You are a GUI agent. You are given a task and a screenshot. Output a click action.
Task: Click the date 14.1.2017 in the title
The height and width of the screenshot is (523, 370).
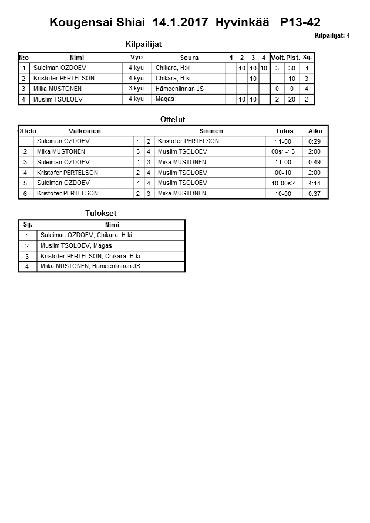pyautogui.click(x=180, y=23)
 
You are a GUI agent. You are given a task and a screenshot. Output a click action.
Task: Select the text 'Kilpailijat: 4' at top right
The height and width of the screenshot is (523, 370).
pyautogui.click(x=332, y=35)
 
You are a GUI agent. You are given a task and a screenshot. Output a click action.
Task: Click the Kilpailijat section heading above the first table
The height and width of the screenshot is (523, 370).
pyautogui.click(x=144, y=44)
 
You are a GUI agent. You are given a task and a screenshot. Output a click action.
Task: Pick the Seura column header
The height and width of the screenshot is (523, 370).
pyautogui.click(x=189, y=58)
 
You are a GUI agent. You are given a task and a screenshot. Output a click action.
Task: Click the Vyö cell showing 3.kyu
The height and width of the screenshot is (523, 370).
pyautogui.click(x=136, y=89)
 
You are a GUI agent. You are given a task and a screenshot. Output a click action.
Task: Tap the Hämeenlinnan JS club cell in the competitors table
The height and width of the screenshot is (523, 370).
pyautogui.click(x=180, y=89)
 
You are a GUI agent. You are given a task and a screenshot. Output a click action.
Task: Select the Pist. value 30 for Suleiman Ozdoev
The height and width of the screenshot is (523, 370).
pyautogui.click(x=291, y=68)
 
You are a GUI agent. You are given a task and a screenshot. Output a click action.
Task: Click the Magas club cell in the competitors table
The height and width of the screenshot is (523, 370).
pyautogui.click(x=165, y=99)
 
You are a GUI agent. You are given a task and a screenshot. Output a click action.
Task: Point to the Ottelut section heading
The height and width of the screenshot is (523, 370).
pyautogui.click(x=173, y=119)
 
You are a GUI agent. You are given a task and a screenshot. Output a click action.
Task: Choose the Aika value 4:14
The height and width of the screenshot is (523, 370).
pyautogui.click(x=315, y=183)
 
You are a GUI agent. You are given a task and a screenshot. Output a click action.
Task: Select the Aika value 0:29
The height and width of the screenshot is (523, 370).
pyautogui.click(x=315, y=141)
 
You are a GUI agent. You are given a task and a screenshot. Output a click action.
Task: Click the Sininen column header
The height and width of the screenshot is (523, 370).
pyautogui.click(x=211, y=131)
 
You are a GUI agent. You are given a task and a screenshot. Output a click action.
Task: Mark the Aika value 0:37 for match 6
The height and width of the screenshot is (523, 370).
pyautogui.click(x=315, y=194)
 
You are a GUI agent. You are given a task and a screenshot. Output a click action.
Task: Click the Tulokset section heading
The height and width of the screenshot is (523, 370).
pyautogui.click(x=102, y=213)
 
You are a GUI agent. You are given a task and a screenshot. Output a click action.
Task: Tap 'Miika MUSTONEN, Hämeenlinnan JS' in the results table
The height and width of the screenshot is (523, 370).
pyautogui.click(x=90, y=266)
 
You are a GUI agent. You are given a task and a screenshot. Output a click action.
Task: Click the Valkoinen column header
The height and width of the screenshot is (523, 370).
pyautogui.click(x=85, y=131)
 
